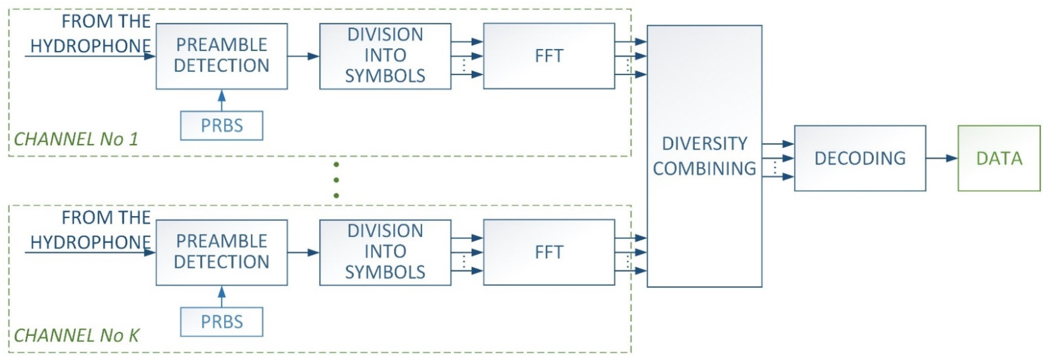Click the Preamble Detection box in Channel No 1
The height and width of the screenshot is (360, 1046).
point(222,56)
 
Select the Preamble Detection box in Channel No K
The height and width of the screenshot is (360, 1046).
point(222,252)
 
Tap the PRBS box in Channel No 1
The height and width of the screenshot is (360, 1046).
point(222,125)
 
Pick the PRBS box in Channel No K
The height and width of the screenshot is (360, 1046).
point(222,322)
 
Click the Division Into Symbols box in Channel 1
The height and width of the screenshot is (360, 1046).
point(385,56)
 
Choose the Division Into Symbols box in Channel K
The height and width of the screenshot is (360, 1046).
point(385,252)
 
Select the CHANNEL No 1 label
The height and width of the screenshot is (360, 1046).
point(76,139)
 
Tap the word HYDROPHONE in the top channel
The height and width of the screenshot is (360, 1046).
point(90,46)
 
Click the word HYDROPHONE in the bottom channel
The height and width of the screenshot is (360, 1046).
point(90,242)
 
